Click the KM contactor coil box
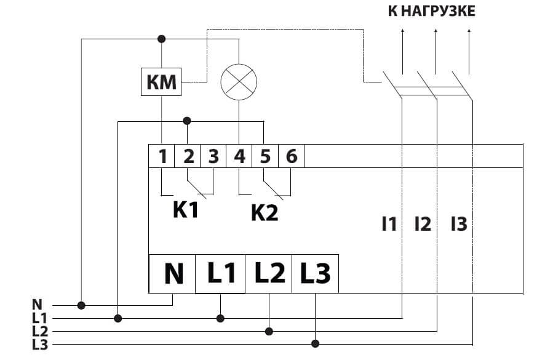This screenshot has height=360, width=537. point(161,81)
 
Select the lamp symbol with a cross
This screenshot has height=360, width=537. point(238,82)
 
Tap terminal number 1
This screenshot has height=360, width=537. point(162,156)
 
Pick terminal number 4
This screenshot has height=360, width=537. point(239,156)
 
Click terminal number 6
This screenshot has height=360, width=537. point(292,156)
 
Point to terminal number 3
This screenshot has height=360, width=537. point(213,156)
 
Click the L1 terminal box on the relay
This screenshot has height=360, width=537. point(221,273)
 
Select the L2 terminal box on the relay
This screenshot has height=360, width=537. point(269,273)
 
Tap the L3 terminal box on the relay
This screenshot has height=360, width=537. point(315,273)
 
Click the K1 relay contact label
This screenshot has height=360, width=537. point(185,210)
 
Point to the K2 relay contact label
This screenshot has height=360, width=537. point(264,212)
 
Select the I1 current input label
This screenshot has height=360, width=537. point(389,224)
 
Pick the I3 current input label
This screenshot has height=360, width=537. point(458,224)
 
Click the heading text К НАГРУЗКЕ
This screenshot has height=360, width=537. point(431,12)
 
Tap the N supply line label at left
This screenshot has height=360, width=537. point(37,304)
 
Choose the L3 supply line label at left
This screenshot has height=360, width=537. point(39,344)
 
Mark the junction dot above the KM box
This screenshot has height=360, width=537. point(162,39)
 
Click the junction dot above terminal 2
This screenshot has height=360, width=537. point(188,121)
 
